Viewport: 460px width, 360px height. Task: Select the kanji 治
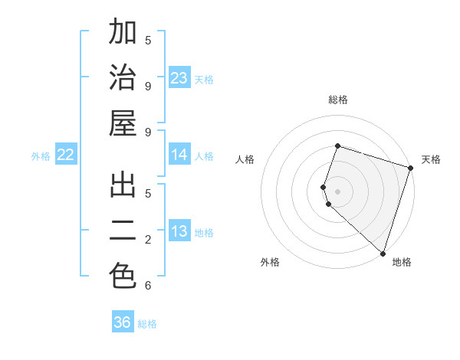tap(123, 78)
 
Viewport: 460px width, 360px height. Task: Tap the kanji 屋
tap(123, 123)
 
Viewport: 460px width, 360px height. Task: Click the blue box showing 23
tap(179, 78)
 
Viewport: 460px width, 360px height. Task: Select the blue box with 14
tap(179, 155)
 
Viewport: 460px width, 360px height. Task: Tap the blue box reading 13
tap(179, 231)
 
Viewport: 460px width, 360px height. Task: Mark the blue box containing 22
tap(66, 155)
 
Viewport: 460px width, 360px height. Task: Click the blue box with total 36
tap(123, 322)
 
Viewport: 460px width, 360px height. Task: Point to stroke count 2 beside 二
tap(148, 240)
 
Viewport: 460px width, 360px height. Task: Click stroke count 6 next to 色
tap(148, 286)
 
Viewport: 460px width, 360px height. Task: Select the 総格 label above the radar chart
tap(337, 100)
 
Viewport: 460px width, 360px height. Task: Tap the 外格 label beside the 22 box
tap(41, 155)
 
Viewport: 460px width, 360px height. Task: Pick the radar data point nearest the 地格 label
tap(383, 254)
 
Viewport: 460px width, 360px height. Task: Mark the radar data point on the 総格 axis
tap(337, 146)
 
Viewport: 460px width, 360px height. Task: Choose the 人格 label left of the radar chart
tap(245, 159)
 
